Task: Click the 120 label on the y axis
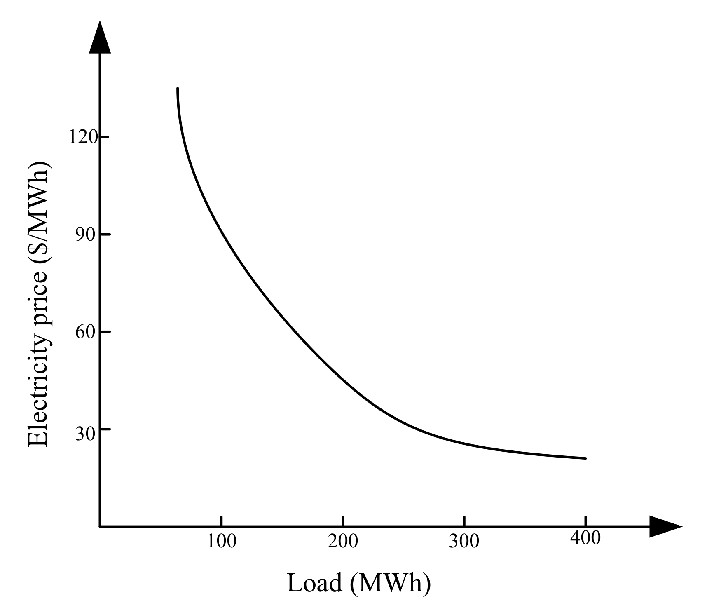[x=83, y=137]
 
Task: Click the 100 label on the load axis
[x=222, y=541]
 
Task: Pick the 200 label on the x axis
[x=343, y=541]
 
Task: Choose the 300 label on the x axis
[x=464, y=541]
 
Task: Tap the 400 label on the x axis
[x=585, y=538]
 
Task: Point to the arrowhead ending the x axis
[x=664, y=526]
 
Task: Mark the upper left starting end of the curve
[x=178, y=89]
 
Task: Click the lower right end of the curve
[x=585, y=458]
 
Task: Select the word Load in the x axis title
[x=314, y=583]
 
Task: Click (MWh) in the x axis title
[x=390, y=584]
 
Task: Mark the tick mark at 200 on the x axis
[x=343, y=521]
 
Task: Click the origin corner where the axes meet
[x=100, y=526]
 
